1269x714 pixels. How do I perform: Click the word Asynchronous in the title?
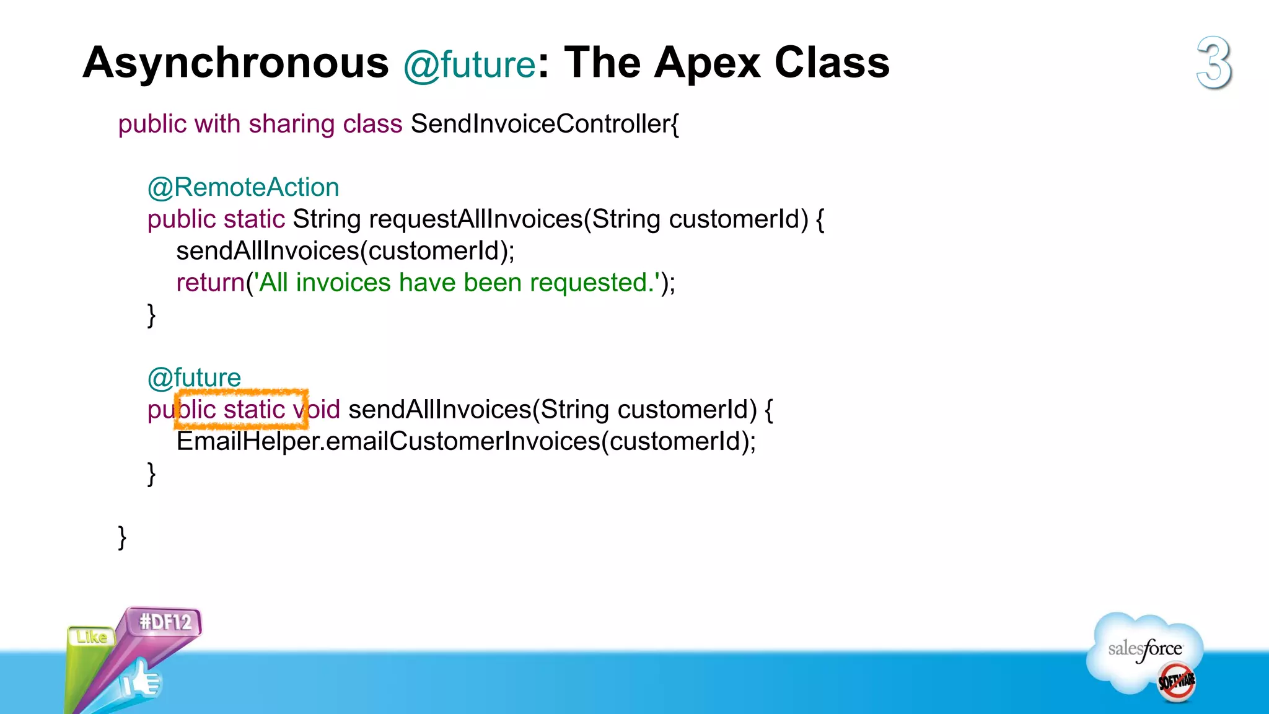coord(235,63)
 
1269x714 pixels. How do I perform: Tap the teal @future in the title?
coord(469,65)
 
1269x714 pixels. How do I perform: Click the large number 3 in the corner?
coord(1214,63)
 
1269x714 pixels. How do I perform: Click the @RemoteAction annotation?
coord(243,187)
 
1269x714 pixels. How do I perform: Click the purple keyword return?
coord(210,283)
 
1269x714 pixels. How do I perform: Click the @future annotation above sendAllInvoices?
coord(194,377)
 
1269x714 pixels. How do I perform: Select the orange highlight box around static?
coord(242,409)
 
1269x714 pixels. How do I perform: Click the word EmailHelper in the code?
coord(247,441)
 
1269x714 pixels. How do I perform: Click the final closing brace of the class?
coord(122,537)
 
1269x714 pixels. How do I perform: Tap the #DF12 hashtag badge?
coord(165,622)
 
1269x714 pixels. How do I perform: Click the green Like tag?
coord(91,637)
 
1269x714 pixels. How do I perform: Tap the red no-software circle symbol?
coord(1176,682)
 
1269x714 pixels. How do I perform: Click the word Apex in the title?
coord(707,63)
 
